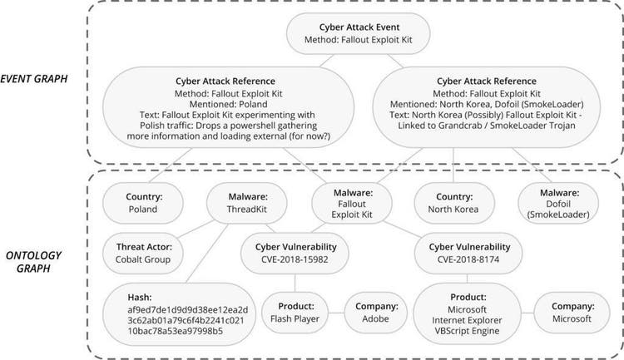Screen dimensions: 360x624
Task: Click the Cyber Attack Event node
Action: point(353,34)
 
